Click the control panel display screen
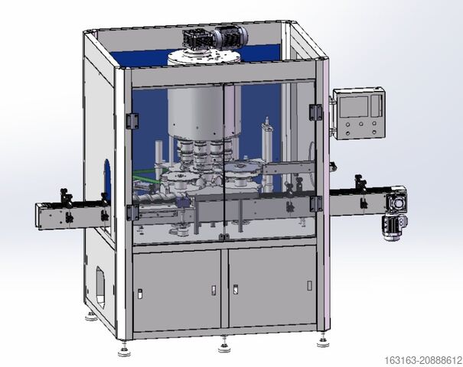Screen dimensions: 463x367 pyautogui.click(x=354, y=106)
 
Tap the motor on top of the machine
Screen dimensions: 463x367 pyautogui.click(x=215, y=39)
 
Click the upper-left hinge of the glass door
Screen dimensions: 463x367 pyautogui.click(x=132, y=121)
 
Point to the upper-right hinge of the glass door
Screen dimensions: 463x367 pyautogui.click(x=315, y=112)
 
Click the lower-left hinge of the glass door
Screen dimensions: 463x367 pyautogui.click(x=132, y=212)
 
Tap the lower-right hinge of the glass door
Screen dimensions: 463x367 pyautogui.click(x=315, y=203)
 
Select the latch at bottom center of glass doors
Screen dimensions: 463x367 pyautogui.click(x=223, y=236)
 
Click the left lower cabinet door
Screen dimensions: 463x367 pyautogui.click(x=177, y=290)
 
